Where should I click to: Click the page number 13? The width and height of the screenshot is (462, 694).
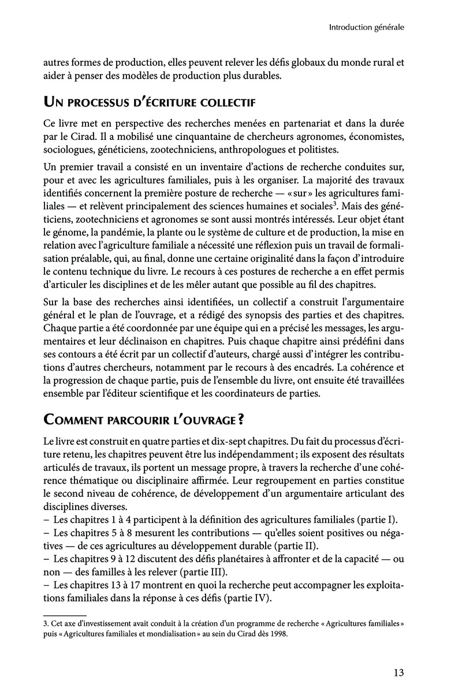tap(397, 673)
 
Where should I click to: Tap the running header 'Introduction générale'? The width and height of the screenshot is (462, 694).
tap(366, 27)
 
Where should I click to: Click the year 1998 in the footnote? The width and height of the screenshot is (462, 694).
tap(277, 633)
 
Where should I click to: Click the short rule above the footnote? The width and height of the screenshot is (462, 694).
tap(65, 616)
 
